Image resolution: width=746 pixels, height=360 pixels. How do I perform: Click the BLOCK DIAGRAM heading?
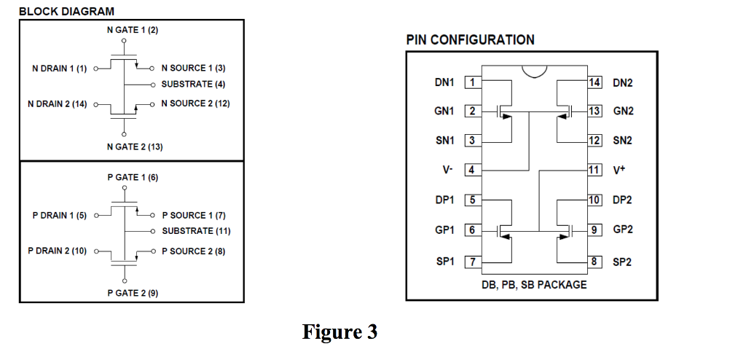[x=66, y=11]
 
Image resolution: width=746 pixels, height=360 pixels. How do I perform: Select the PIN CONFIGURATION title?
[x=470, y=40]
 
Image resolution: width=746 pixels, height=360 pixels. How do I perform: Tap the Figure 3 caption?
[x=340, y=332]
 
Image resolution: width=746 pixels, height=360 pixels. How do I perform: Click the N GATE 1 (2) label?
[x=132, y=30]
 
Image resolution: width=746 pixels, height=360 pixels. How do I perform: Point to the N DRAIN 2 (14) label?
[x=57, y=104]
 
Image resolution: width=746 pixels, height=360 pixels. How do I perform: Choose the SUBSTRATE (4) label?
[x=193, y=85]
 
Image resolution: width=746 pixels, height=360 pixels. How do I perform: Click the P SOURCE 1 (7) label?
[x=194, y=215]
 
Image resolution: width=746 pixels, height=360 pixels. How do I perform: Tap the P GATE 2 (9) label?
[x=133, y=293]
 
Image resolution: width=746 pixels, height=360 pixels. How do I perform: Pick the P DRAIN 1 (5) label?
[x=59, y=215]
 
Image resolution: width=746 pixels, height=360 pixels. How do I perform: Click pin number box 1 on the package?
[x=472, y=82]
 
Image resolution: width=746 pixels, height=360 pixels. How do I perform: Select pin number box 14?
[x=595, y=82]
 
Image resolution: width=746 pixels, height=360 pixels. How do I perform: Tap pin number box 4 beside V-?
[x=472, y=170]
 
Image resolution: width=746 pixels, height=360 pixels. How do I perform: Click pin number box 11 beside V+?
[x=595, y=170]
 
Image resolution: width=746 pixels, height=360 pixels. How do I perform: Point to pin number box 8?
[x=595, y=261]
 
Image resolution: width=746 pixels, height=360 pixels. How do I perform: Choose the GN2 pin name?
[x=623, y=111]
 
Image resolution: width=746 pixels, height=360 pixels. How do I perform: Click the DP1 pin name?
[x=444, y=200]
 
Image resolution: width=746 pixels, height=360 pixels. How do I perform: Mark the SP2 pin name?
[x=622, y=262]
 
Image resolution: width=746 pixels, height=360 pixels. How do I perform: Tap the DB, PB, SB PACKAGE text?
[x=533, y=284]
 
